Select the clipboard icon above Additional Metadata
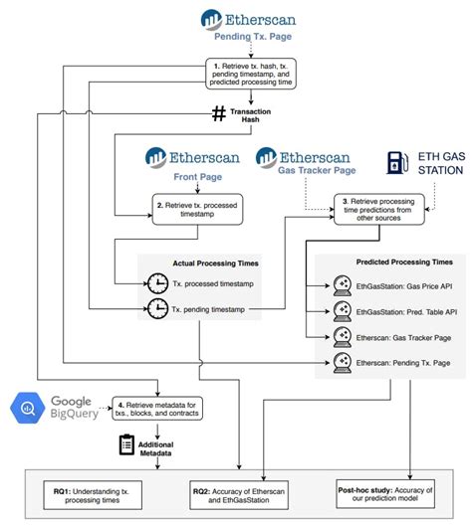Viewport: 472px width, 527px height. [x=126, y=444]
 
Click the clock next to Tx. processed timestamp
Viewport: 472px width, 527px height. [x=158, y=282]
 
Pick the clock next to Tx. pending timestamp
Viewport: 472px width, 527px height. [x=158, y=311]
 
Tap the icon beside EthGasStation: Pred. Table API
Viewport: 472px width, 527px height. [x=340, y=311]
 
